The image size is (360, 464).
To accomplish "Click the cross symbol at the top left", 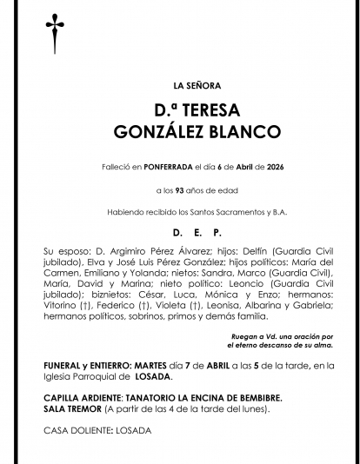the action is pos(51,31).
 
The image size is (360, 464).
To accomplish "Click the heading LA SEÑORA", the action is pos(197,86).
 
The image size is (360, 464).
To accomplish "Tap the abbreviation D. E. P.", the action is pos(197,233).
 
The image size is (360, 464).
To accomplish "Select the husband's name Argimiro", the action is pos(116,251).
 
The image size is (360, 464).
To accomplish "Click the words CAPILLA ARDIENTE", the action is pos(83,397).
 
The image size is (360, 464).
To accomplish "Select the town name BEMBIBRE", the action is pos(254,397).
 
